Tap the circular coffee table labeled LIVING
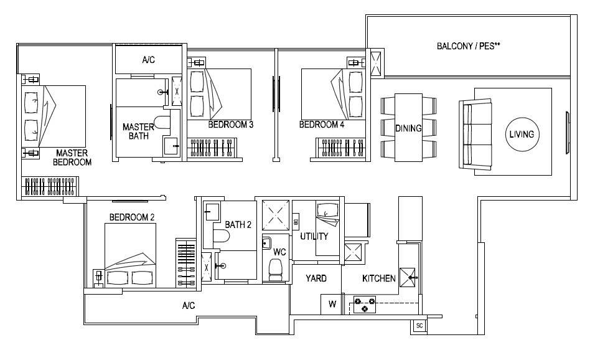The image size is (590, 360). tap(522, 134)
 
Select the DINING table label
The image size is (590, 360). tap(408, 129)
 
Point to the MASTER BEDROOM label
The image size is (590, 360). tap(73, 157)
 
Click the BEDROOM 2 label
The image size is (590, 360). tap(131, 217)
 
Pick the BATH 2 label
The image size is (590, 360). tap(238, 224)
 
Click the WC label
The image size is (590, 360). tap(279, 252)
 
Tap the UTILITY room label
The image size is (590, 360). tap(314, 237)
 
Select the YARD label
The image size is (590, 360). tap(315, 278)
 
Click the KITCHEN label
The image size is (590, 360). tap(378, 278)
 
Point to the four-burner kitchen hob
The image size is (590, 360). tap(364, 305)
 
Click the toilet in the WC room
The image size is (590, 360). tap(274, 269)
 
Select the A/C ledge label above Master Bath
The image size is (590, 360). tap(149, 60)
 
